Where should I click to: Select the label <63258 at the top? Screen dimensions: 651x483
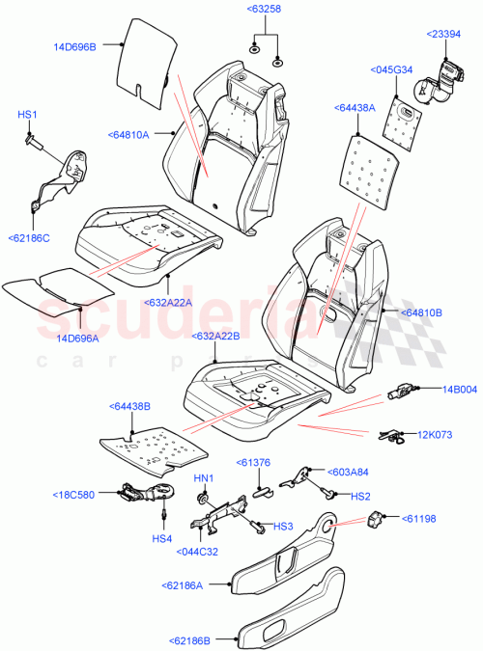click(x=264, y=10)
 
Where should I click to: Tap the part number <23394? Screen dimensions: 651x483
click(x=445, y=35)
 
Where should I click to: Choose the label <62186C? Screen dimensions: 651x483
click(x=29, y=237)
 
